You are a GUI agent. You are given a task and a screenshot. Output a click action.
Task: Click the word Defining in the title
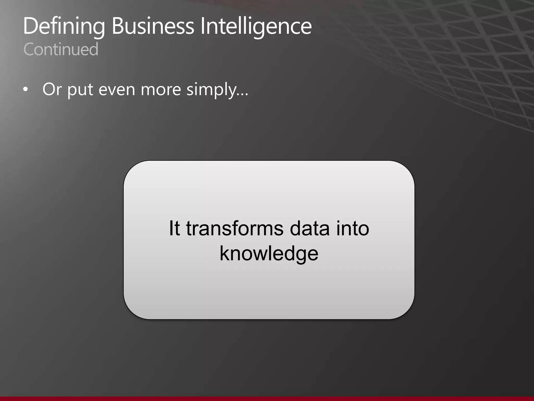click(x=64, y=26)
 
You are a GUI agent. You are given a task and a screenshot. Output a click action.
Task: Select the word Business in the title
click(x=153, y=26)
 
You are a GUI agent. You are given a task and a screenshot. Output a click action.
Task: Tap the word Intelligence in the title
click(x=256, y=26)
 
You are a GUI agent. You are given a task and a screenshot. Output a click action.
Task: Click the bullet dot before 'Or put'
click(x=25, y=90)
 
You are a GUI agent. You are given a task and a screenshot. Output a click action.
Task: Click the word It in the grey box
click(x=174, y=228)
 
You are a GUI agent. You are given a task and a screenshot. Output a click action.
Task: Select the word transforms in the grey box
click(x=234, y=228)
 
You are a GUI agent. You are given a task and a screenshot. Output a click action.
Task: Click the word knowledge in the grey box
click(x=269, y=253)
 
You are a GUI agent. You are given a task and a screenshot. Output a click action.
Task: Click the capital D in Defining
click(x=30, y=26)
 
